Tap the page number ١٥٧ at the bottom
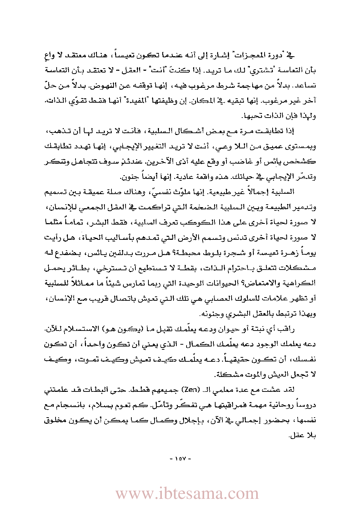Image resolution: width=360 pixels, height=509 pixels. tap(180, 459)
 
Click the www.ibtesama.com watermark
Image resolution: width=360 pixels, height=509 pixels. tap(187, 494)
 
